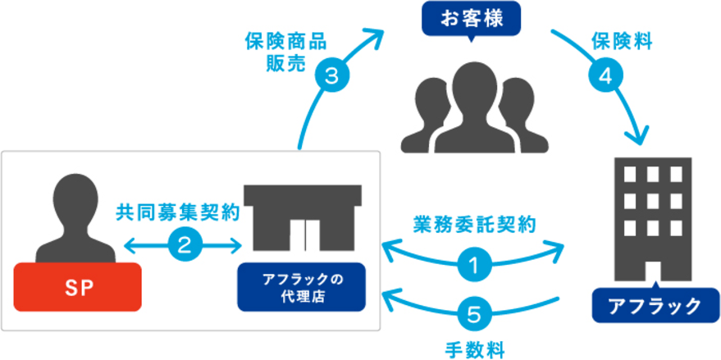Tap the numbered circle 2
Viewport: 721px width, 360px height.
[x=184, y=244]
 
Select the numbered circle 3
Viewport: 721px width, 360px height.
[x=331, y=76]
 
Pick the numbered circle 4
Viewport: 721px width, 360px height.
[x=603, y=76]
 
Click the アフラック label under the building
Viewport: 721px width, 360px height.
[x=653, y=306]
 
